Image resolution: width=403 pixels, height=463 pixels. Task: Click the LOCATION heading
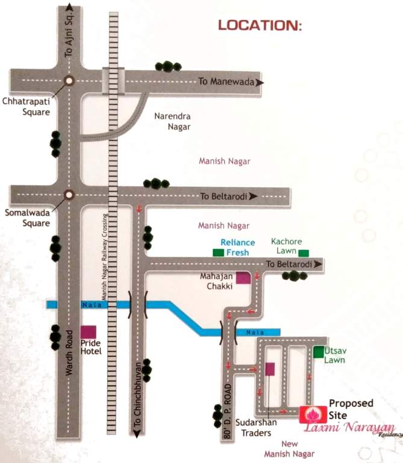tap(259, 25)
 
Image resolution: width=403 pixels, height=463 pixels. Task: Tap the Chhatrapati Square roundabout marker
tap(69, 80)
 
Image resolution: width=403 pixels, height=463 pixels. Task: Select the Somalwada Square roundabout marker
tap(69, 194)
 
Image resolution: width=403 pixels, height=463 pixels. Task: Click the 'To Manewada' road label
tap(227, 81)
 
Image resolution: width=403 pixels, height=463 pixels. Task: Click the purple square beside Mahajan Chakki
tap(243, 278)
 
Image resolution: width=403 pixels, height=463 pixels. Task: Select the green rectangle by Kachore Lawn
tap(303, 253)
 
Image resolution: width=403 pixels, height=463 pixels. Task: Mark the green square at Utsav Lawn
tap(318, 352)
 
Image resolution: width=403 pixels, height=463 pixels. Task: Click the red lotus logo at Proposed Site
tap(311, 414)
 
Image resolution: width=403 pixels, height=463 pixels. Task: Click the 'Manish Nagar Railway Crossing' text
tap(104, 259)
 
